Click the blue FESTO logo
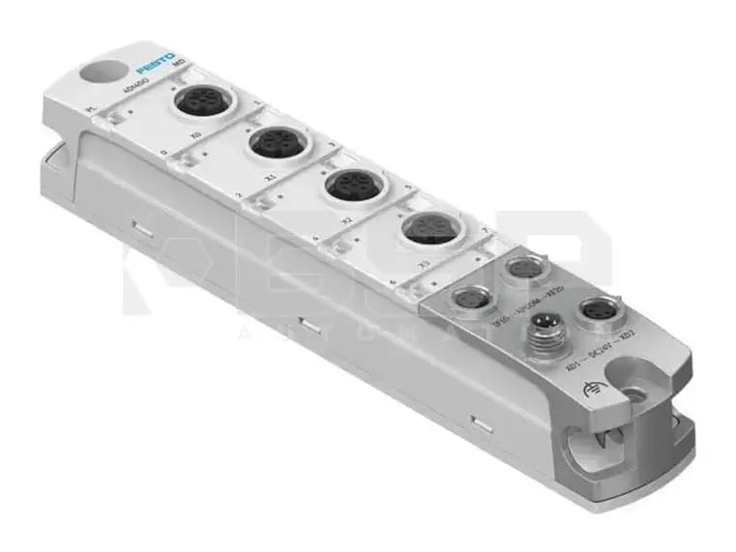[x=156, y=69]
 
